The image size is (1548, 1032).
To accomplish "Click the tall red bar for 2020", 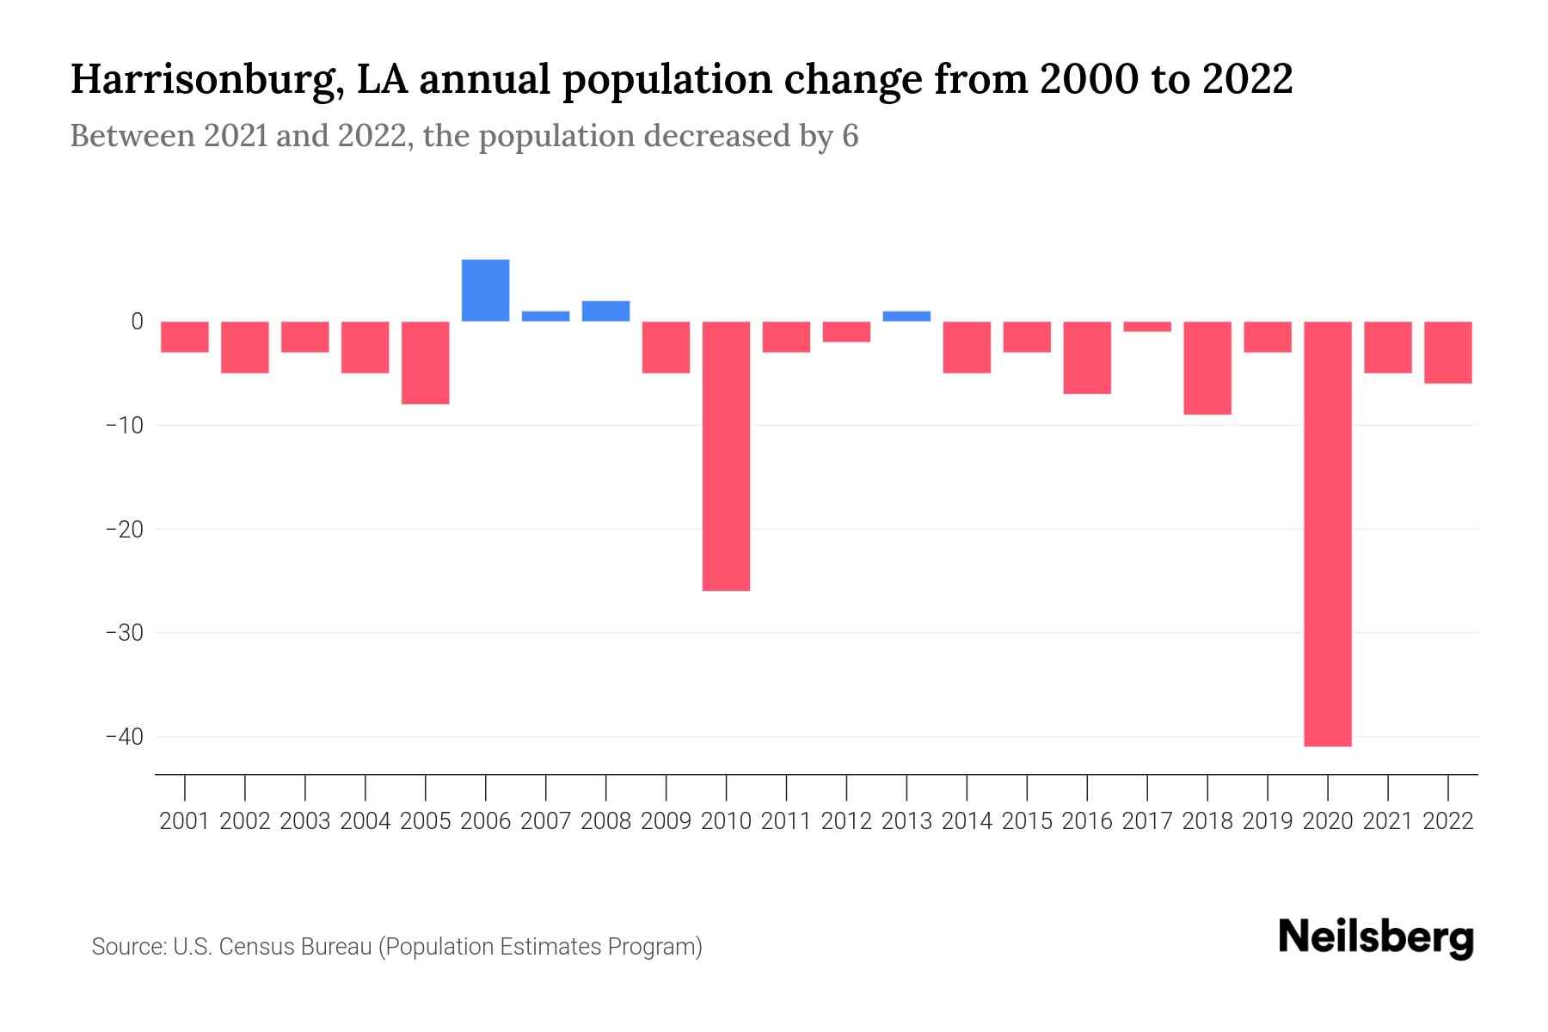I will coord(1327,533).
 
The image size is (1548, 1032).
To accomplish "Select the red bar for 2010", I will coord(726,456).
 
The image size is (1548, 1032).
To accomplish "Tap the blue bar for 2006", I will coord(485,291).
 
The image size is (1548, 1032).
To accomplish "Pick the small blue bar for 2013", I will coord(906,316).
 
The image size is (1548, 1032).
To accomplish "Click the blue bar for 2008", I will coord(605,311).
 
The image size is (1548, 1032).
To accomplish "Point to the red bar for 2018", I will coord(1207,368).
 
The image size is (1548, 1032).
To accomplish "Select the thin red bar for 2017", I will coord(1147,327).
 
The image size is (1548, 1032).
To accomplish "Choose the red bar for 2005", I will coord(425,363).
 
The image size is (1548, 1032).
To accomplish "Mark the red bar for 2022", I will coord(1448,353).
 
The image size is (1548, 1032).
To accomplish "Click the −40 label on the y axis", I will coord(124,737).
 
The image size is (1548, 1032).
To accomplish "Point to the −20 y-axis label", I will coord(124,530).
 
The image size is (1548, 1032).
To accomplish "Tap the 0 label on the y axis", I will coord(137,322).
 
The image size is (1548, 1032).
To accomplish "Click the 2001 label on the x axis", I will coord(184,821).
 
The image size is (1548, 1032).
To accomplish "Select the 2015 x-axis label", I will coord(1027,821).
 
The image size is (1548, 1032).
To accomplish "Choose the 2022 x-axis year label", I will coord(1448,821).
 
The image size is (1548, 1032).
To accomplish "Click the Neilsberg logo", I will coord(1376,937).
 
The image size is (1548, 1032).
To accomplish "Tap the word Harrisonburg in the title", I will coord(205,80).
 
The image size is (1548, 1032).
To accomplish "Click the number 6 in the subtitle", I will coord(850,137).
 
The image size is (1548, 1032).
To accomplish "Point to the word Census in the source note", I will coord(255,947).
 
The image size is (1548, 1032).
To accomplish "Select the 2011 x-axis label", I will coord(786,821).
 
